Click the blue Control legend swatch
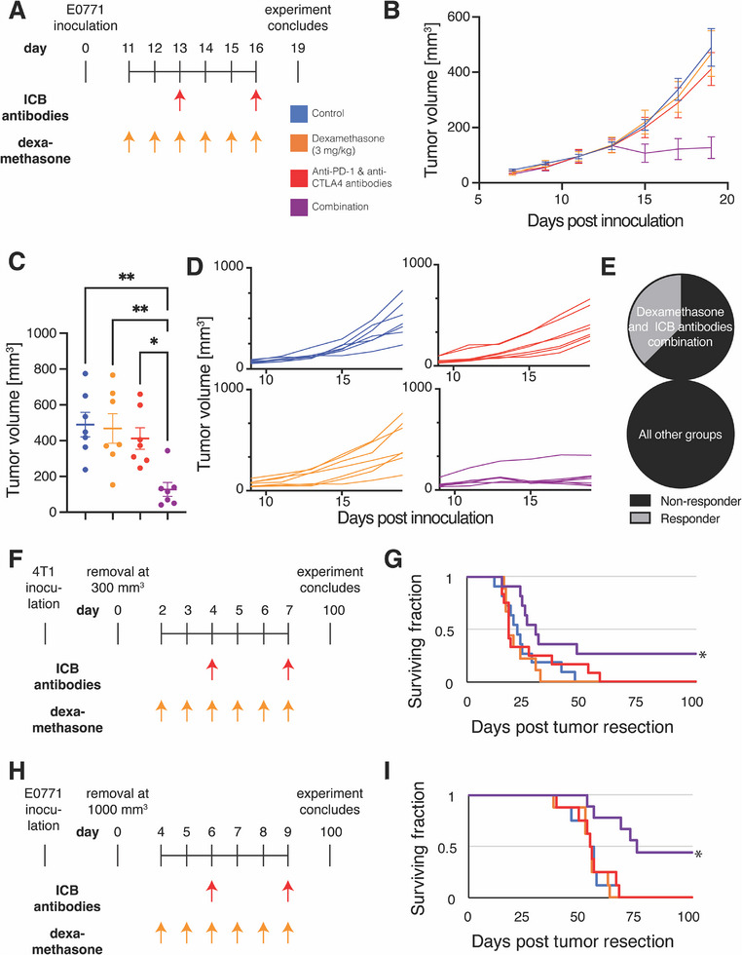coord(298,114)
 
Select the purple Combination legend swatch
coord(298,208)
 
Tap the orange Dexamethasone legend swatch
coord(298,143)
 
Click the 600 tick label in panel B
coord(459,18)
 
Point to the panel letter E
coord(608,266)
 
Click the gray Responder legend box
coord(640,518)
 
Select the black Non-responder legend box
coord(640,501)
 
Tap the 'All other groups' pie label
coord(680,435)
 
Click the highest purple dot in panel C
coord(167,450)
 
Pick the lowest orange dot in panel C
coord(113,485)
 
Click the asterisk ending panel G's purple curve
coord(702,656)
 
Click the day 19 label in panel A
coord(298,48)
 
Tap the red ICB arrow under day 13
coord(179,99)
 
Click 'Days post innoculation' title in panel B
coord(605,220)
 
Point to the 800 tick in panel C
coord(45,369)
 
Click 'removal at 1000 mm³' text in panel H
coord(118,801)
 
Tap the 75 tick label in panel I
coord(636,917)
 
